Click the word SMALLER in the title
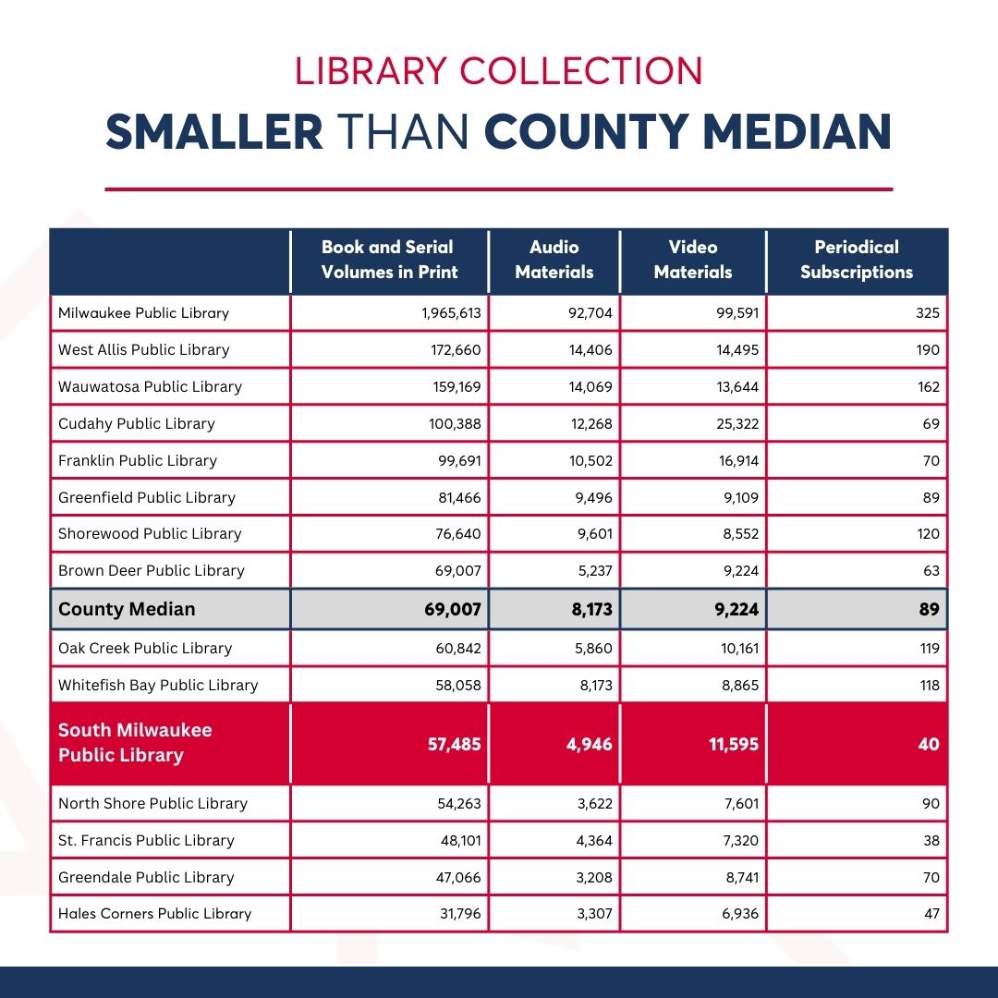pyautogui.click(x=214, y=131)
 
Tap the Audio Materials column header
pyautogui.click(x=554, y=260)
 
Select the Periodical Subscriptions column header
pyautogui.click(x=857, y=260)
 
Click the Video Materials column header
pyautogui.click(x=693, y=260)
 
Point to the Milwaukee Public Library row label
pyautogui.click(x=143, y=313)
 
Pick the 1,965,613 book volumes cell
pyautogui.click(x=451, y=313)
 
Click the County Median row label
pyautogui.click(x=127, y=609)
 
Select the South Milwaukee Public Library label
pyautogui.click(x=135, y=743)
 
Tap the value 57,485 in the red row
pyautogui.click(x=454, y=744)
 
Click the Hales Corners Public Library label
pyautogui.click(x=154, y=914)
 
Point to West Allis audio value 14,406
pyautogui.click(x=590, y=350)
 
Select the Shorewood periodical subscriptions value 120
pyautogui.click(x=928, y=534)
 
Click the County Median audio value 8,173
pyautogui.click(x=589, y=609)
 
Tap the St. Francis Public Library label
pyautogui.click(x=146, y=841)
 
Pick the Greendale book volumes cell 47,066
pyautogui.click(x=459, y=878)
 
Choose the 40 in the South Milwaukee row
pyautogui.click(x=929, y=744)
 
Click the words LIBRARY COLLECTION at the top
pyautogui.click(x=499, y=72)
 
